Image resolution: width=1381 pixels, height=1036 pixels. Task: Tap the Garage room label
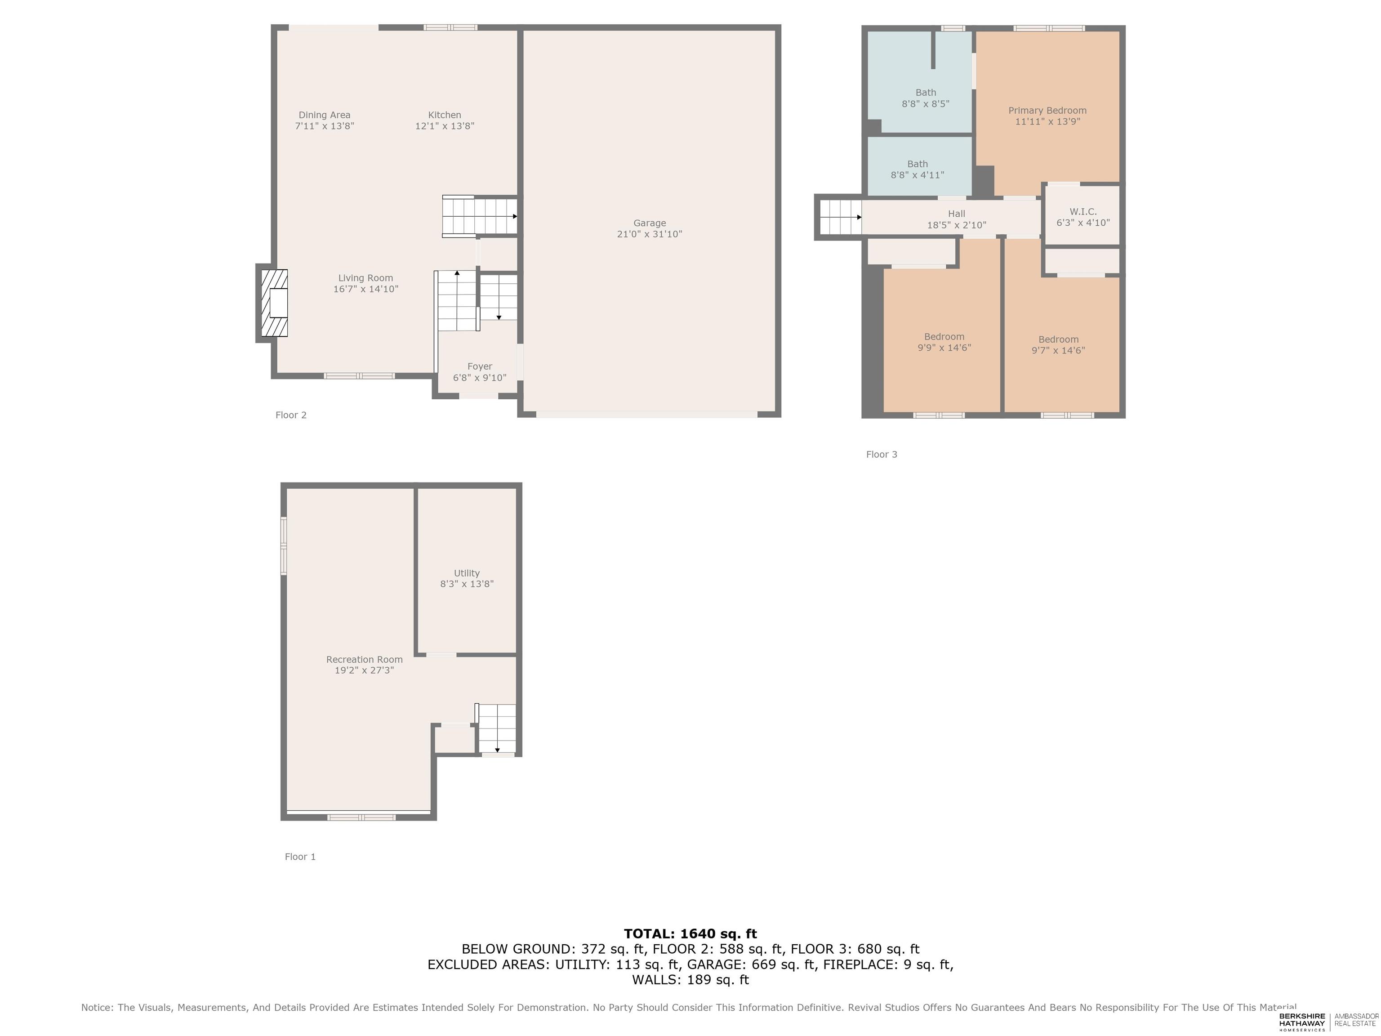point(649,223)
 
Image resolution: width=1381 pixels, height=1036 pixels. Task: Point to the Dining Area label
point(325,115)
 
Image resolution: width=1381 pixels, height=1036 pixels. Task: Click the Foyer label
point(480,366)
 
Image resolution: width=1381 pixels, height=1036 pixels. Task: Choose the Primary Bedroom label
point(1047,111)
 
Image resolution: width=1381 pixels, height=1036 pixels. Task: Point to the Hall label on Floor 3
point(957,214)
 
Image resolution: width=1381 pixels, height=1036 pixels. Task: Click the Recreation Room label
point(365,660)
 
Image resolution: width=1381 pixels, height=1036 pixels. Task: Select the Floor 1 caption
point(300,857)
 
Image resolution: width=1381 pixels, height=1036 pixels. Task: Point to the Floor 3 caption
point(882,455)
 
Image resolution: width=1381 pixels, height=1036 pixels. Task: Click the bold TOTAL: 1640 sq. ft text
point(690,933)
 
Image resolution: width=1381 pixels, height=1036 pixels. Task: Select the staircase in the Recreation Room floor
point(497,729)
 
